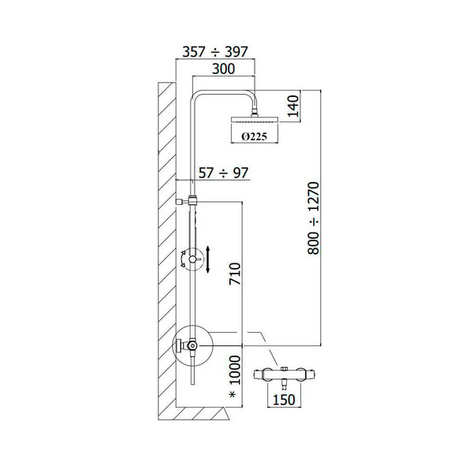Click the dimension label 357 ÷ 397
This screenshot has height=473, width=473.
215,52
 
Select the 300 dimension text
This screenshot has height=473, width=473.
223,69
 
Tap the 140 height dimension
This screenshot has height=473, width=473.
293,106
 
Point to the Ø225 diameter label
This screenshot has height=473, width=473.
255,137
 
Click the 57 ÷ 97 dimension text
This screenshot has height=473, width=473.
224,173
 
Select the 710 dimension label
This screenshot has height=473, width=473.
235,274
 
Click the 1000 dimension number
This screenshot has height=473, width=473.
235,370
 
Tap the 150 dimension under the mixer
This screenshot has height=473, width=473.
284,400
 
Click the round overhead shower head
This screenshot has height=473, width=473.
255,120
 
